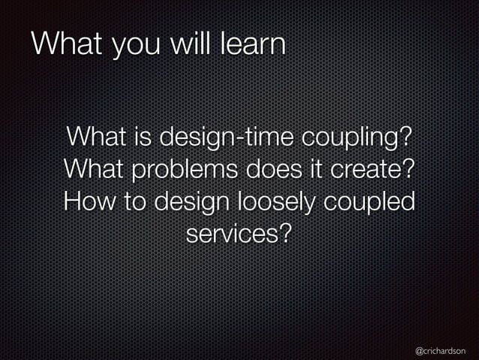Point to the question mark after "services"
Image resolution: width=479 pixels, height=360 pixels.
285,234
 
